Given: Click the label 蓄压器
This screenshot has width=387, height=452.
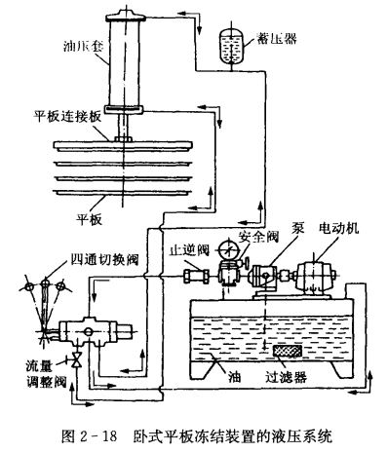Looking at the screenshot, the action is pos(277,38).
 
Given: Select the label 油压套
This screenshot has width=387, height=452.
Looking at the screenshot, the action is pos(83,47).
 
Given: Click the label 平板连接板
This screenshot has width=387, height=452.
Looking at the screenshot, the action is pos(68,117).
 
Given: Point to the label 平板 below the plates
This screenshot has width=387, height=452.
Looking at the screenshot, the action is pos(90,219).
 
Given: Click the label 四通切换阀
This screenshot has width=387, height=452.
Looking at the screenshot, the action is pos(104,259).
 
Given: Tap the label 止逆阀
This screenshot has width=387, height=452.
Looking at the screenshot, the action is pos(190,250).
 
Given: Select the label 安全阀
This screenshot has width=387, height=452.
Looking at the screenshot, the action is pos(258,237).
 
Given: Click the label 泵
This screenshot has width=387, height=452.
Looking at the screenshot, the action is pos(297,228).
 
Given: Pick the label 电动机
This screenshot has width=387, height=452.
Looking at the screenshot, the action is pos(339,228).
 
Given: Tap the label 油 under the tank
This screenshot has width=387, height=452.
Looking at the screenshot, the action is pos(234,377).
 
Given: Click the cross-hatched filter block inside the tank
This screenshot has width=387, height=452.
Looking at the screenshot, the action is pos(288,351).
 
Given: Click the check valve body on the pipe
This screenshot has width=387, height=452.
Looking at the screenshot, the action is pos(196,277).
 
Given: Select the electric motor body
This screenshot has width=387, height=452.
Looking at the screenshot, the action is pos(315,276).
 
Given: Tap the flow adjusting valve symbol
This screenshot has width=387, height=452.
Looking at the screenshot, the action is pos(77,359).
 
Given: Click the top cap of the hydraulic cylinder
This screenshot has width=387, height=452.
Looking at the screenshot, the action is pos(125,16).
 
